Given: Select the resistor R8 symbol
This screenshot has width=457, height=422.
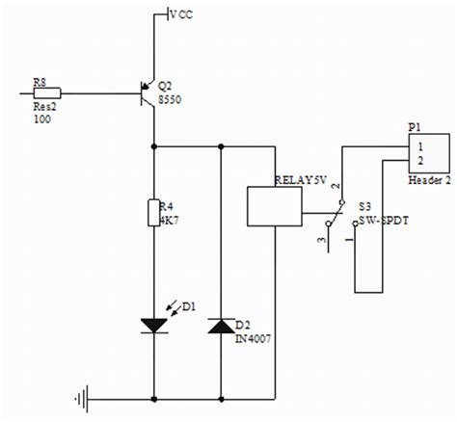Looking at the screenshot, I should point(48,93).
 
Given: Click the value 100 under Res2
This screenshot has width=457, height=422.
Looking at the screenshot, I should point(43,118).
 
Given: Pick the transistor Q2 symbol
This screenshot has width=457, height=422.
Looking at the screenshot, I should point(148,93).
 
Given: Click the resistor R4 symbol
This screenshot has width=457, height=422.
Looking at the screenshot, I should point(153,212).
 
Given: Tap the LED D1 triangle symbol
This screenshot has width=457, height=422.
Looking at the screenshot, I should point(153,326).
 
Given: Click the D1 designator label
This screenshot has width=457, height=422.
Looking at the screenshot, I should point(188,306).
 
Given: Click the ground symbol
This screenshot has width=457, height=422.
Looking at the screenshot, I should point(86,397).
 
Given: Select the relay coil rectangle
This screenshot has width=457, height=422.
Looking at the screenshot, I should point(277,205).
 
